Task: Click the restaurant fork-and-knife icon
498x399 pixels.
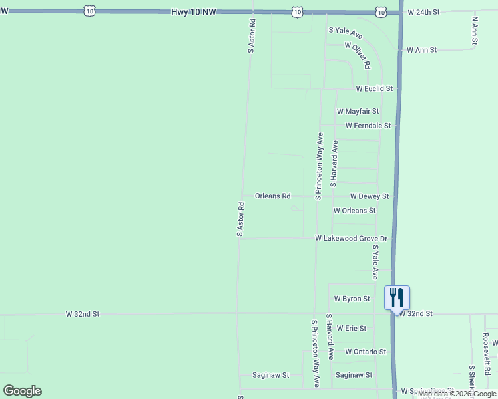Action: [397, 296]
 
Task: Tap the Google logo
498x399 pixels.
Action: [22, 391]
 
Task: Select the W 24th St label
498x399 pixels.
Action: [424, 12]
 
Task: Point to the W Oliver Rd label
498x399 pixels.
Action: [357, 55]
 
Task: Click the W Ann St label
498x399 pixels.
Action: [421, 50]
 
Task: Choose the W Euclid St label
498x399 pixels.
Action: [374, 88]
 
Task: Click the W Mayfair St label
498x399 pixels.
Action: [358, 112]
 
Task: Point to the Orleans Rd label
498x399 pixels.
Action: [273, 196]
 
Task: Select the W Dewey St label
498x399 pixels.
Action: [370, 196]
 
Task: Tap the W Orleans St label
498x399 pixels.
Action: [354, 211]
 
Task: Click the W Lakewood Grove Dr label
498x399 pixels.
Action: [351, 238]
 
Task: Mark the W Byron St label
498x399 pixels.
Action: [352, 299]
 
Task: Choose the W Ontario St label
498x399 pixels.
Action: [366, 352]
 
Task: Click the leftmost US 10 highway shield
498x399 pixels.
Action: [90, 11]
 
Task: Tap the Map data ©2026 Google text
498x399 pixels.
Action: [457, 394]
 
